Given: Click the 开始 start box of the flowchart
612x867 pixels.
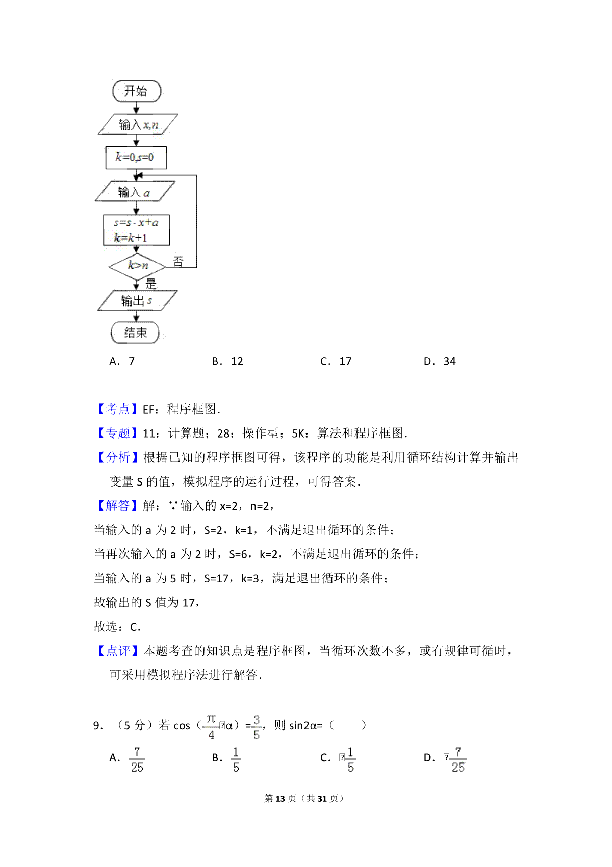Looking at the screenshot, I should point(136,91).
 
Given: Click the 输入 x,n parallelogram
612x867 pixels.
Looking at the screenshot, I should point(138,124).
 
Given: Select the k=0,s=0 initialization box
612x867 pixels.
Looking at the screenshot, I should point(136,157).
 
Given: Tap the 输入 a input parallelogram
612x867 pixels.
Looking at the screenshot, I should point(135,192).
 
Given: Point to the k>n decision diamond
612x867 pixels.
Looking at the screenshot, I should point(137,265).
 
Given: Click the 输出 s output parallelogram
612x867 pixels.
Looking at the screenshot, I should point(137,301).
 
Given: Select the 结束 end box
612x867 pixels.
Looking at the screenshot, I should point(135,333).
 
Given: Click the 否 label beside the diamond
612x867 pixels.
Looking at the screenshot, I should point(177,262).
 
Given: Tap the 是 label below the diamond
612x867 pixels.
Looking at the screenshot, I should point(150,284).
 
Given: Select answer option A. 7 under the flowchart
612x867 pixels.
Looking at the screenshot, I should point(122,361).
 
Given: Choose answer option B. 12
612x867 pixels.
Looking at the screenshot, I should point(227,361).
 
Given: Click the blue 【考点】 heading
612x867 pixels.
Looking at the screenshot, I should point(117,409).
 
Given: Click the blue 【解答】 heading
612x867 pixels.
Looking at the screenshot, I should point(117,506).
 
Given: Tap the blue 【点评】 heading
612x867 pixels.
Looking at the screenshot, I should point(117,651).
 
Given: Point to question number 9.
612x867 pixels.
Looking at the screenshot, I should point(98,725).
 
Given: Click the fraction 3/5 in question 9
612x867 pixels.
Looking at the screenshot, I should point(256,727).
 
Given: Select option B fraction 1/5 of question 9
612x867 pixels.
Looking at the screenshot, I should point(236,759).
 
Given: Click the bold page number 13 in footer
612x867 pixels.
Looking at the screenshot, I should point(280,798).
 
